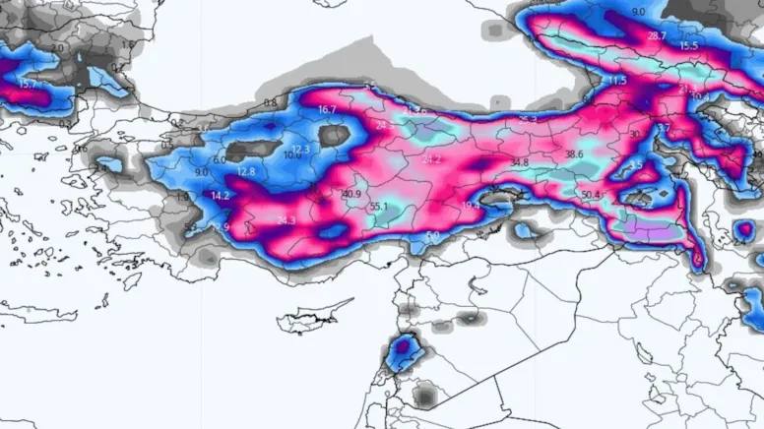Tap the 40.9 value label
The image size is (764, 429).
click(351, 194)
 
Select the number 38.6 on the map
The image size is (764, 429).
click(574, 154)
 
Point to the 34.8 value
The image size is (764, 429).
click(519, 162)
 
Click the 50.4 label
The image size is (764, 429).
click(591, 195)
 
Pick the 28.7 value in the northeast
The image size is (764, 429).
click(657, 35)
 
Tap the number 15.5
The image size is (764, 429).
click(687, 46)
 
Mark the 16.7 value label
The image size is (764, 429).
click(328, 109)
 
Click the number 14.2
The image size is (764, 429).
click(220, 196)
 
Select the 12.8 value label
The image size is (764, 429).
click(246, 171)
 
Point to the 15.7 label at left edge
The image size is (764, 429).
click(27, 85)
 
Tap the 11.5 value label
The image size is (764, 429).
click(617, 80)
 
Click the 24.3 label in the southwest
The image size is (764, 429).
click(286, 220)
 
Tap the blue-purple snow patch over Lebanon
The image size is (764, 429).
click(403, 349)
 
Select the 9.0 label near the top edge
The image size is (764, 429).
click(638, 11)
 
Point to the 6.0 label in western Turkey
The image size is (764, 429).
click(219, 159)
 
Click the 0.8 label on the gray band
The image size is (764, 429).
click(270, 102)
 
